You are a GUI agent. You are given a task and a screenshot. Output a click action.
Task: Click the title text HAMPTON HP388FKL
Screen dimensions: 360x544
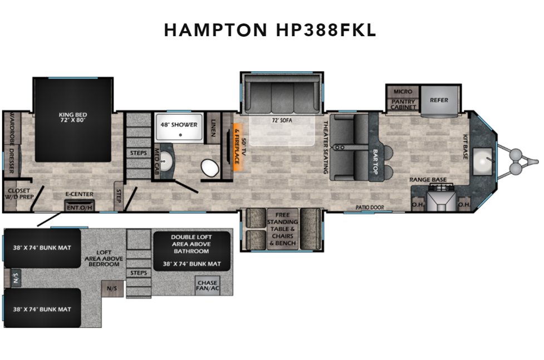click(270, 31)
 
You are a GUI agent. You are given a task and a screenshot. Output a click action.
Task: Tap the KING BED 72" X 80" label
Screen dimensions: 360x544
click(73, 118)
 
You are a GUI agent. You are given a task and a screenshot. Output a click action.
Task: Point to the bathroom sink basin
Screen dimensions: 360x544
click(168, 165)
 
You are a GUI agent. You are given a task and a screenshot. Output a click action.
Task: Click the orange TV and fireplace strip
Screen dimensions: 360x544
click(237, 146)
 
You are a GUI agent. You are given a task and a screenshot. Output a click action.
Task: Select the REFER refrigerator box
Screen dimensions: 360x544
click(439, 101)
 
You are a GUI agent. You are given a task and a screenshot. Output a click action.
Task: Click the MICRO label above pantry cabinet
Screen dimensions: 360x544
click(403, 91)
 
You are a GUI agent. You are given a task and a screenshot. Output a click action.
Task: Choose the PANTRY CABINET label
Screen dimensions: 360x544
click(403, 105)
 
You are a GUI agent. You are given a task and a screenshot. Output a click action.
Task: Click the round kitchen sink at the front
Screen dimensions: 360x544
click(482, 159)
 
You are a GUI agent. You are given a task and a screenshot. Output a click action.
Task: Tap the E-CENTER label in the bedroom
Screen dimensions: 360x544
click(80, 194)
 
